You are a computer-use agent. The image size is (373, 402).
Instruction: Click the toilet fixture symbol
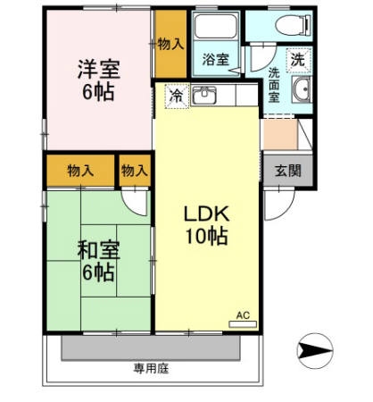point(294,25)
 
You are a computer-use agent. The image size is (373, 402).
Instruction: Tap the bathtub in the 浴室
point(216,26)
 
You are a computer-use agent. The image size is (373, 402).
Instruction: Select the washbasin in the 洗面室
point(302,89)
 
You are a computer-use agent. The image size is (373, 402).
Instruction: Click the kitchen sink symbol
point(203,95)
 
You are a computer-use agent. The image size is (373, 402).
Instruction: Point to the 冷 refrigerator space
point(177,96)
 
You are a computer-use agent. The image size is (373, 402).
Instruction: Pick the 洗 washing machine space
point(298,61)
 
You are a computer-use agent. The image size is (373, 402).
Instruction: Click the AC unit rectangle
point(243,324)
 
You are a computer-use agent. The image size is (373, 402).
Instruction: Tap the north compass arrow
point(315,351)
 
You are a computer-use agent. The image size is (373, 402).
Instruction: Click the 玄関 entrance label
point(288,171)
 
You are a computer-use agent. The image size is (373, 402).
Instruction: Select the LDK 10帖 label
point(207,225)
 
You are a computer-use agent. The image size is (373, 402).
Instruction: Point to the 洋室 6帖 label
point(98,80)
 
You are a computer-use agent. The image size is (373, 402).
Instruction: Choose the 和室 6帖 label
point(98,261)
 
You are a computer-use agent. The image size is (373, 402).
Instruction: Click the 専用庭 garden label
point(151,369)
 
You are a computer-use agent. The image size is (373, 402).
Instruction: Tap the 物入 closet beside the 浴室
point(170,44)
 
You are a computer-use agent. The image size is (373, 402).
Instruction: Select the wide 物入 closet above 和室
point(80,171)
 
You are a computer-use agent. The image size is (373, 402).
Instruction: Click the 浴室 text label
point(216,59)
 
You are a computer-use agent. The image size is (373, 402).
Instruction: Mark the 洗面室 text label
point(274,85)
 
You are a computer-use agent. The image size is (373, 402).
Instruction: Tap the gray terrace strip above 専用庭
point(151,348)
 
